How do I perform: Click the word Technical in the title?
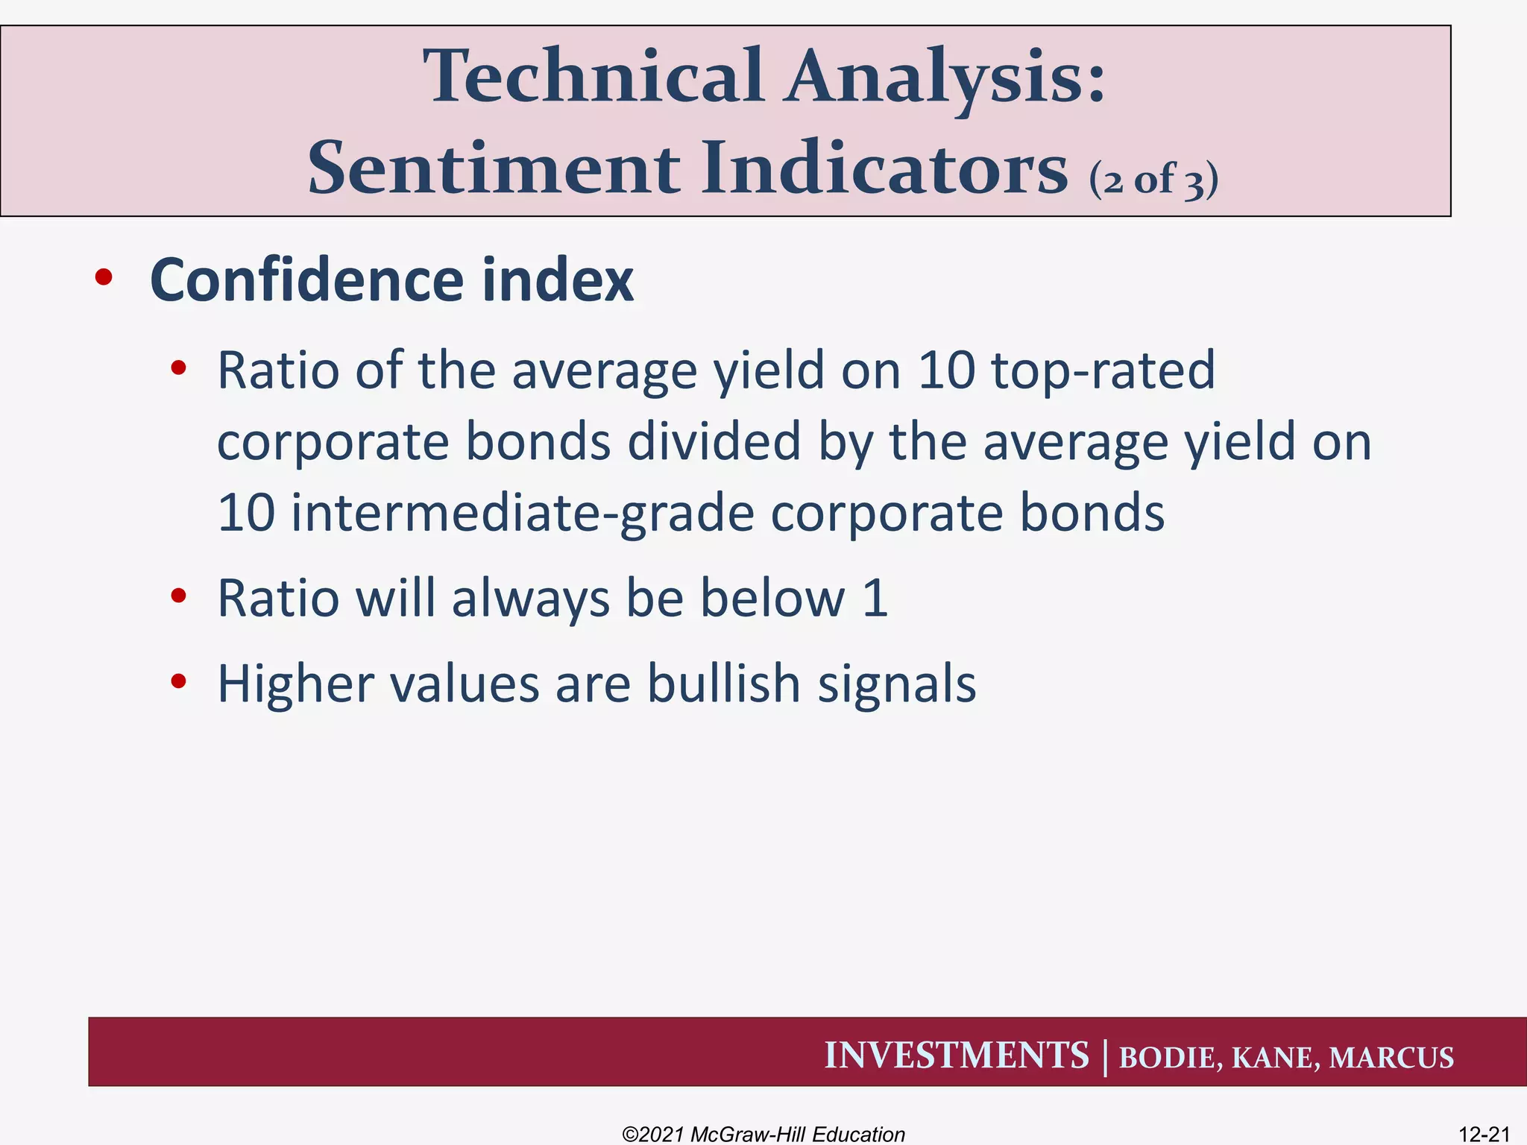coord(594,77)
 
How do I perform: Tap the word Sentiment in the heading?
coord(493,169)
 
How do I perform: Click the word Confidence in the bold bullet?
coord(306,280)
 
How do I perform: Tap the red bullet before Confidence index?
coord(104,278)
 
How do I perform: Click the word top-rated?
coord(1103,371)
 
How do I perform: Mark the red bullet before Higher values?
coord(177,681)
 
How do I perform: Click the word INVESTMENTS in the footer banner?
coord(956,1056)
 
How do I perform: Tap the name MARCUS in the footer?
coord(1391,1058)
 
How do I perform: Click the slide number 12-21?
coord(1484,1134)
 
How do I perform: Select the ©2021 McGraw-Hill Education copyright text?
coord(763,1134)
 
